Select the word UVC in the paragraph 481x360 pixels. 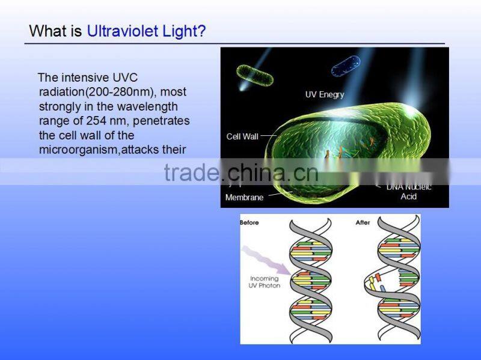(x=124, y=78)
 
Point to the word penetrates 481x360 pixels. (x=161, y=121)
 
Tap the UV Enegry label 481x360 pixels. (x=325, y=94)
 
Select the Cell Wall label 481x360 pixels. (x=242, y=136)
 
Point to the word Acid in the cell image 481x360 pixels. (x=409, y=197)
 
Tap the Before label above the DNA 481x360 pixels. (x=250, y=223)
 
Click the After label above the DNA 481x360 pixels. (x=363, y=223)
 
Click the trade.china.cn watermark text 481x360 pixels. (x=240, y=173)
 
